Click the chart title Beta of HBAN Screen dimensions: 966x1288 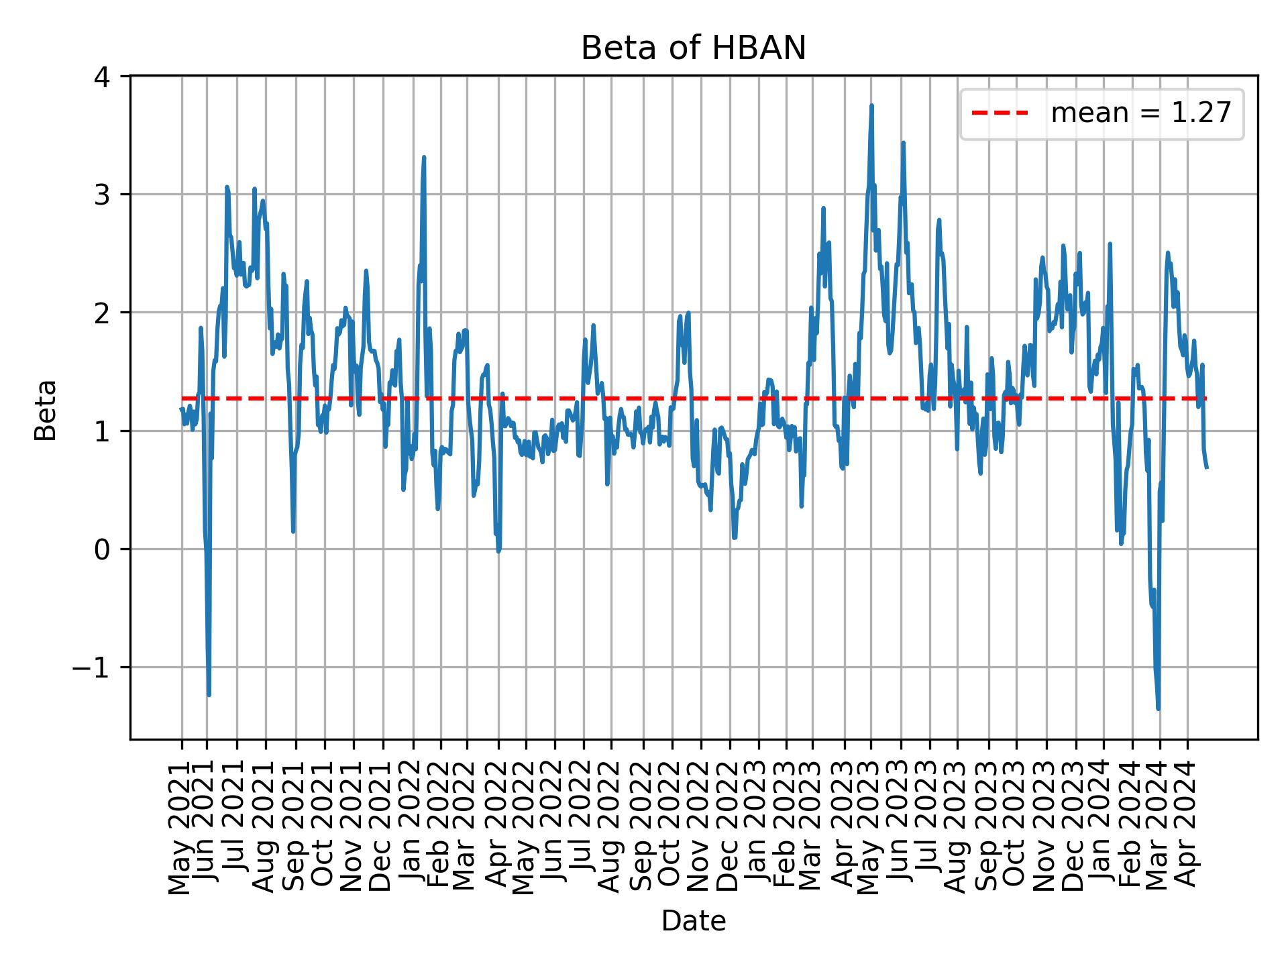point(693,48)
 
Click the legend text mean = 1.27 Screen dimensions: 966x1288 point(1140,113)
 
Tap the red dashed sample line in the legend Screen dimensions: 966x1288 point(1000,113)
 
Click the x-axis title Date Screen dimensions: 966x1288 point(693,921)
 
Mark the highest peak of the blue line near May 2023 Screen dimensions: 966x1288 point(871,105)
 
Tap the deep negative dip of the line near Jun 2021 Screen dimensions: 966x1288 point(209,695)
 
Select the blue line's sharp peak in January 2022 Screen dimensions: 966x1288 point(424,158)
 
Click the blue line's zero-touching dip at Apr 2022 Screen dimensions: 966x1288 point(498,551)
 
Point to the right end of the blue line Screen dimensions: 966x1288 point(1207,468)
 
